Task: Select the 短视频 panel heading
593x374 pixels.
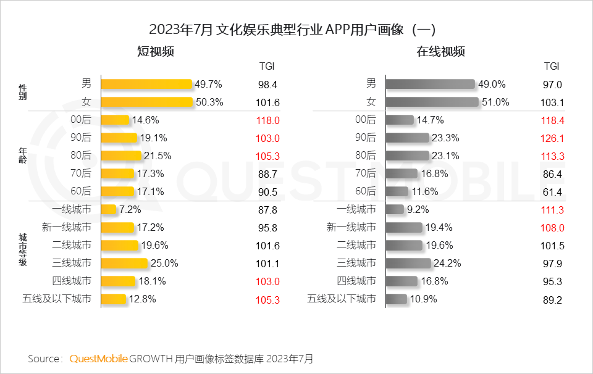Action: pos(155,52)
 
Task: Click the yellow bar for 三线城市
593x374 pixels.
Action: pos(124,264)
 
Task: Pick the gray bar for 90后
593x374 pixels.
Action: pos(407,138)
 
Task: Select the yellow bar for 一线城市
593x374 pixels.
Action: pos(109,210)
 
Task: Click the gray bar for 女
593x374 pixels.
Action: pos(432,102)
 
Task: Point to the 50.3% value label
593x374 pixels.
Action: pos(209,102)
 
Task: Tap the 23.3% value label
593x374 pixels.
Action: pos(445,138)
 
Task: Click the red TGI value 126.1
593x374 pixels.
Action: pos(551,138)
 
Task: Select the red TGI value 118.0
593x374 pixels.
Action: pos(268,120)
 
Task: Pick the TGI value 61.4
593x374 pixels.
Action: pos(551,192)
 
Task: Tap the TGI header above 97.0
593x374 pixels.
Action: pos(551,66)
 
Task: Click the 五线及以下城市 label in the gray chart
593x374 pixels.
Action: pos(342,299)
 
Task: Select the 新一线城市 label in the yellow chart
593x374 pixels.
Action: pos(67,228)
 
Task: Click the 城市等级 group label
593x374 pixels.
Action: pos(23,250)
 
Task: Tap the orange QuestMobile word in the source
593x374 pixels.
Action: pos(98,359)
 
